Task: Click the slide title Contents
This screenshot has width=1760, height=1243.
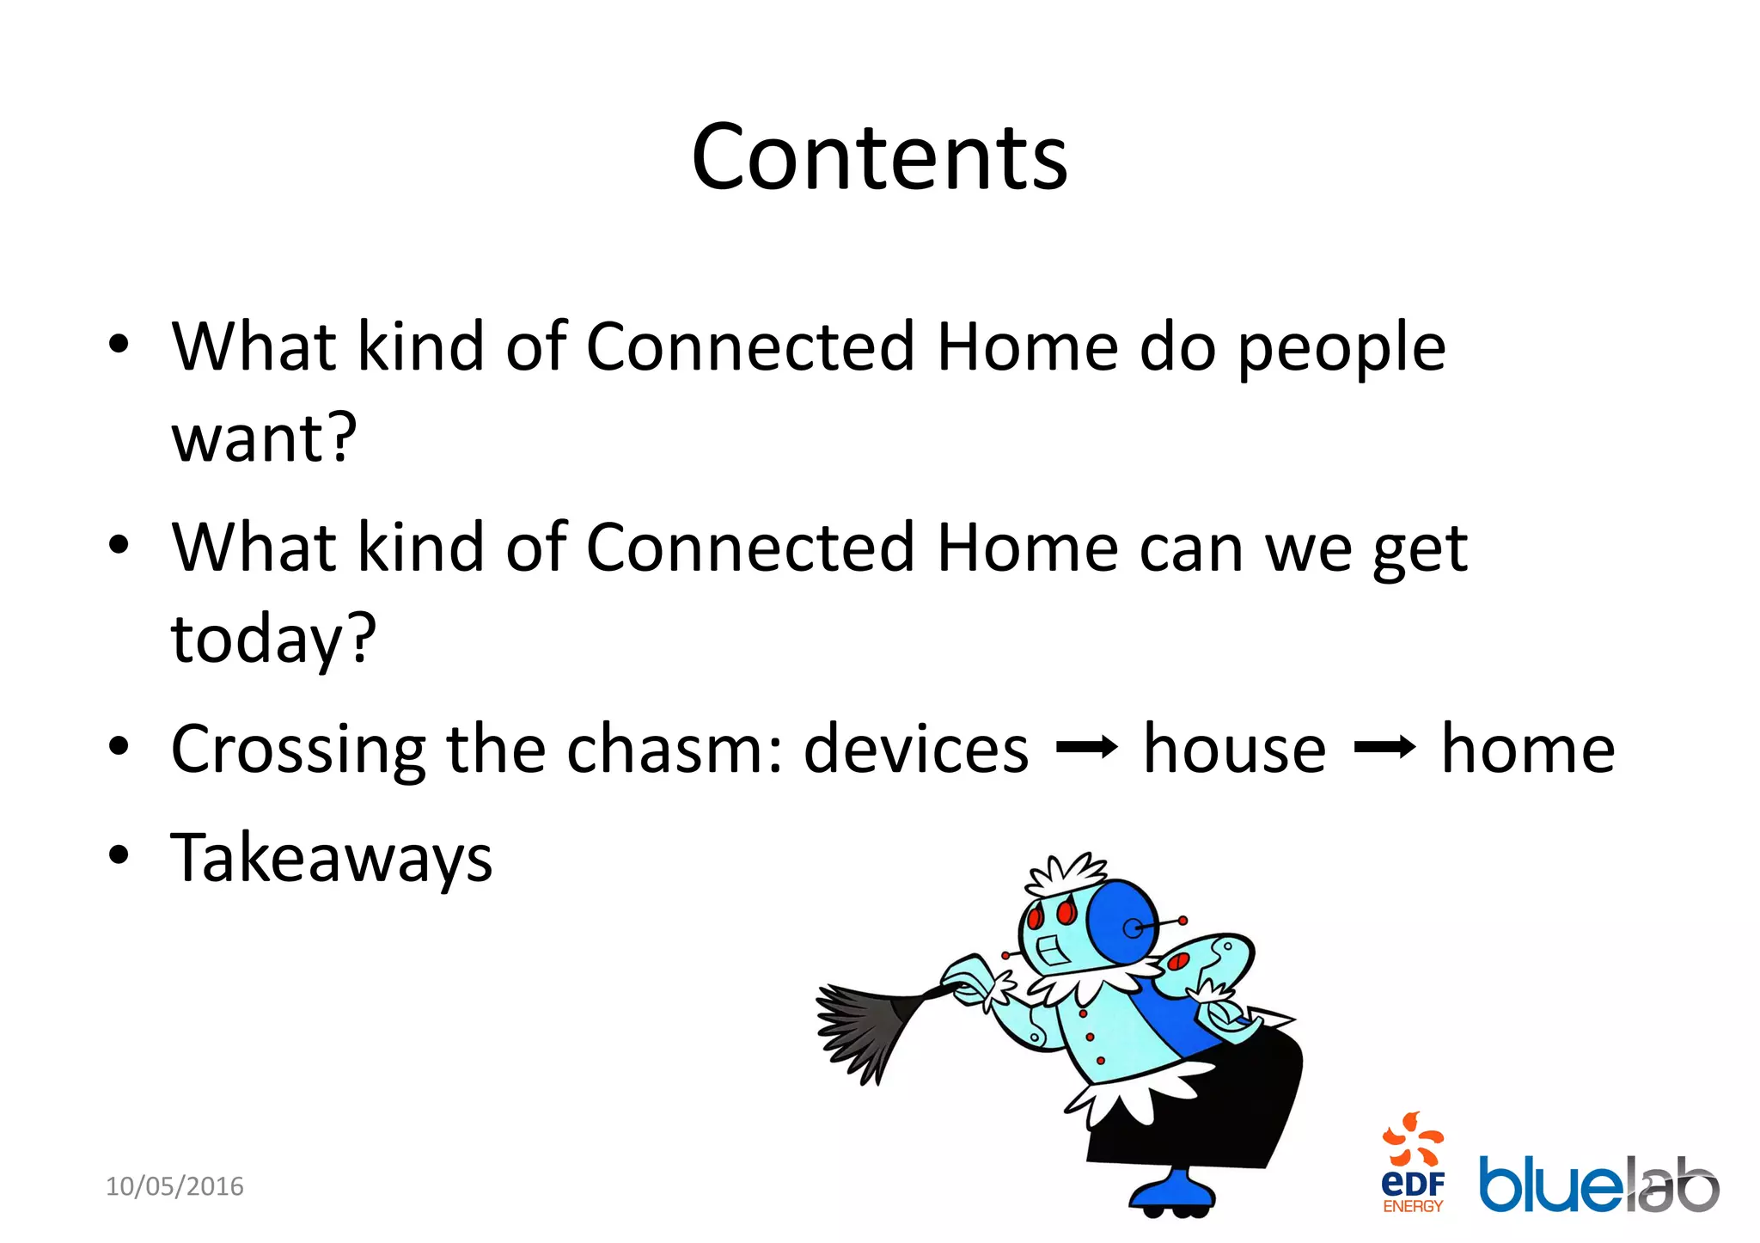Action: [x=879, y=156]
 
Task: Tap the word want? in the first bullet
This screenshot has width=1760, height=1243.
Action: [x=264, y=438]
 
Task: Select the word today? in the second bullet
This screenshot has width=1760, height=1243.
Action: [x=273, y=639]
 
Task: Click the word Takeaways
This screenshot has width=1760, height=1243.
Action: [x=332, y=858]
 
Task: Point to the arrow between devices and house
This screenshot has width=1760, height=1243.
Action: [x=1086, y=748]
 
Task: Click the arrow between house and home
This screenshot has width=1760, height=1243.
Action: [x=1384, y=748]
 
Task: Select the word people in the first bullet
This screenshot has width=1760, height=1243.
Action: [x=1341, y=348]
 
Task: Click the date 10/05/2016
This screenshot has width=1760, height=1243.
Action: [x=174, y=1186]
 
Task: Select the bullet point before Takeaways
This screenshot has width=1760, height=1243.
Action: [x=119, y=856]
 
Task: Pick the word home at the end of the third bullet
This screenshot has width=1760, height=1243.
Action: [x=1527, y=748]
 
